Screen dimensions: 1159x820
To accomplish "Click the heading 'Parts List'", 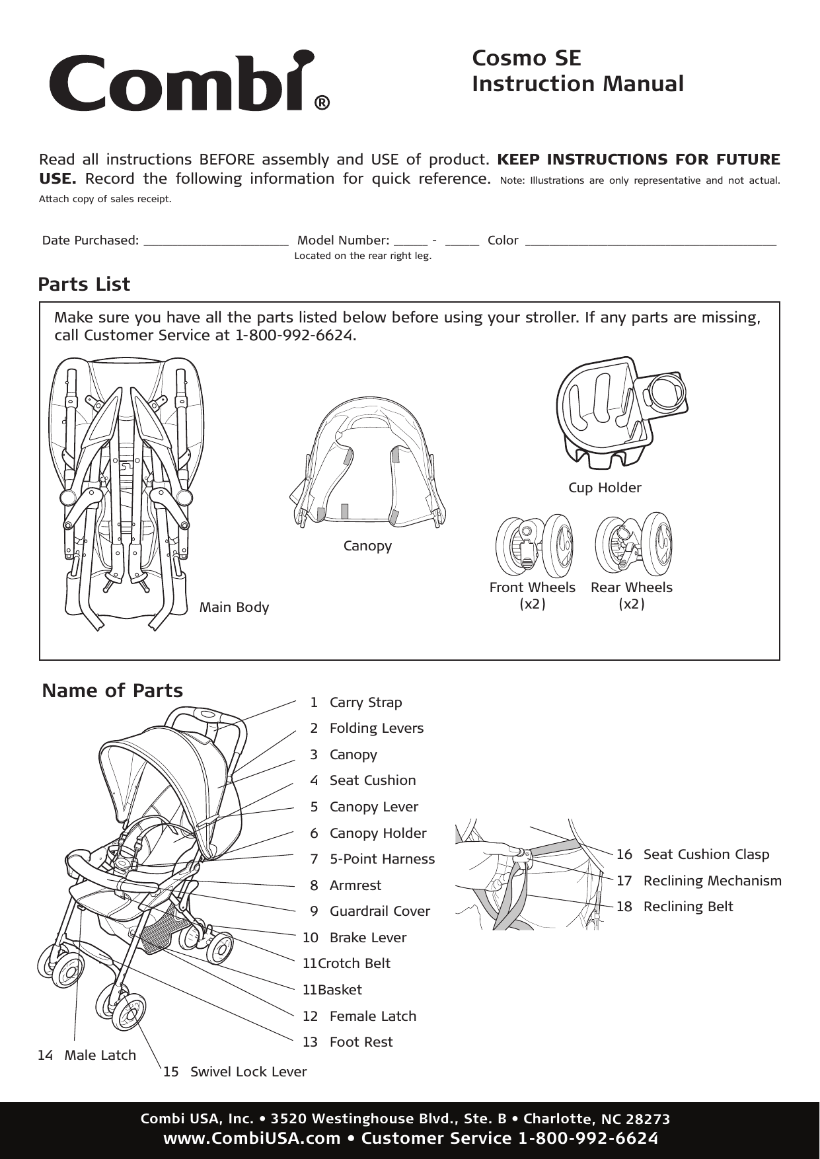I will pos(84,284).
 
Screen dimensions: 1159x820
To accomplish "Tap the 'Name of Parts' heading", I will pos(112,691).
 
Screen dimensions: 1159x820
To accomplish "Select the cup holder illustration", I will pos(621,412).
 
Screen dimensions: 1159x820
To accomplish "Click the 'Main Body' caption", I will pos(234,607).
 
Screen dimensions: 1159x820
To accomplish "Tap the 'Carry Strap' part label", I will pos(365,702).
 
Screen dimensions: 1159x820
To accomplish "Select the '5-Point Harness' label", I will pos(382,859).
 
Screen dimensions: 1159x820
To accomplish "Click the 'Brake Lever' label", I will pos(367,938).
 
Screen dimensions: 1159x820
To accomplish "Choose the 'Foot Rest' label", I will pos(361,1042).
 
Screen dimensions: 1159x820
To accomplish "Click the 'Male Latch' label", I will pos(100,1055).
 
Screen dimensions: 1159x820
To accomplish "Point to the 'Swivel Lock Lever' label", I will pos(248,1072).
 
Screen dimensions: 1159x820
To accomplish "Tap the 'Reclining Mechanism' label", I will pos(712,881).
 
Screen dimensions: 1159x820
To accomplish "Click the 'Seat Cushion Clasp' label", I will pos(706,854).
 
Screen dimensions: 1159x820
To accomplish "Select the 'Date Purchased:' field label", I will pos(91,241).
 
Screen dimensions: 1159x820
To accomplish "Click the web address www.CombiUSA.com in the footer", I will pos(252,1139).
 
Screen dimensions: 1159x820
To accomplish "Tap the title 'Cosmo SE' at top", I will pos(526,58).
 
